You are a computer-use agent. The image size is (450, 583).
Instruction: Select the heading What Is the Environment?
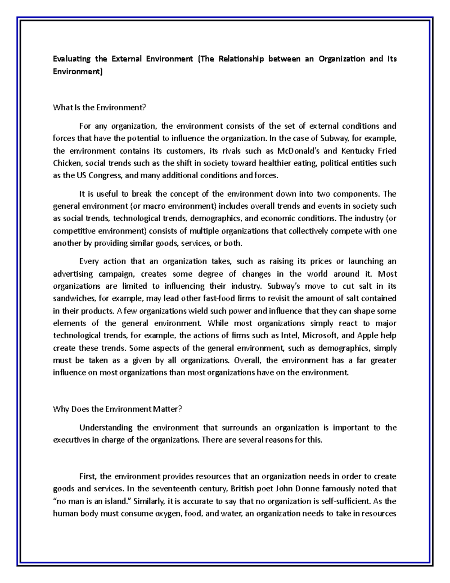(x=99, y=107)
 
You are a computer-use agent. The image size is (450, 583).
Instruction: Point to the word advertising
(x=72, y=274)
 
